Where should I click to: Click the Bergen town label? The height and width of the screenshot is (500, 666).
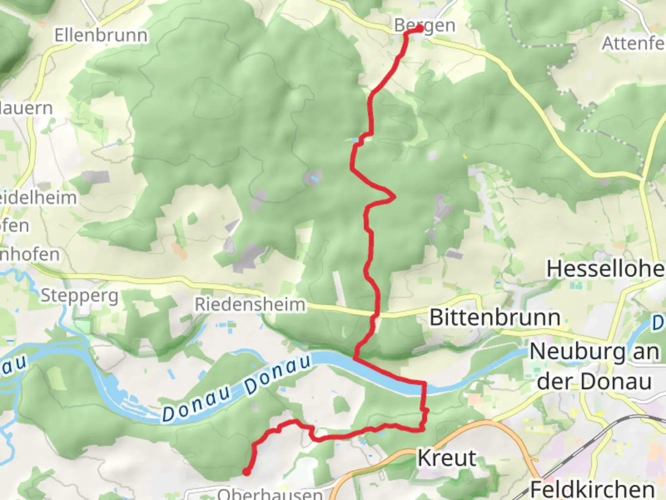(425, 26)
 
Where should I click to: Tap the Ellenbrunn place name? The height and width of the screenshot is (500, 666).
(101, 35)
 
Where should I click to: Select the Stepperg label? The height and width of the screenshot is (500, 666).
(80, 295)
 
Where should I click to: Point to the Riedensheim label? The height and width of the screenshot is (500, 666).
(250, 305)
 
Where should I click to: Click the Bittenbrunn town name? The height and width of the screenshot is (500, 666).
(495, 318)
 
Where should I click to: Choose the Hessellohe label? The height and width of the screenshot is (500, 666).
(605, 269)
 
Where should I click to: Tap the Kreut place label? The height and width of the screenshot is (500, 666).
(447, 458)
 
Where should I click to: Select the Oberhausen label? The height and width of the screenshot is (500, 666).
(270, 494)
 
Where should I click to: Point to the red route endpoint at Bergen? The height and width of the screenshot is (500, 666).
(419, 29)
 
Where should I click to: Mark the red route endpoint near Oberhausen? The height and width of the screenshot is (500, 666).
(247, 472)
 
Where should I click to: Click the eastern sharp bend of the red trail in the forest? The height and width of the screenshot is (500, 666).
(394, 197)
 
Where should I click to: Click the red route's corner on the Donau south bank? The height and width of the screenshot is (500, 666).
(425, 383)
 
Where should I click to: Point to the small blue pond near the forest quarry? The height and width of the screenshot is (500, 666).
(315, 178)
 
